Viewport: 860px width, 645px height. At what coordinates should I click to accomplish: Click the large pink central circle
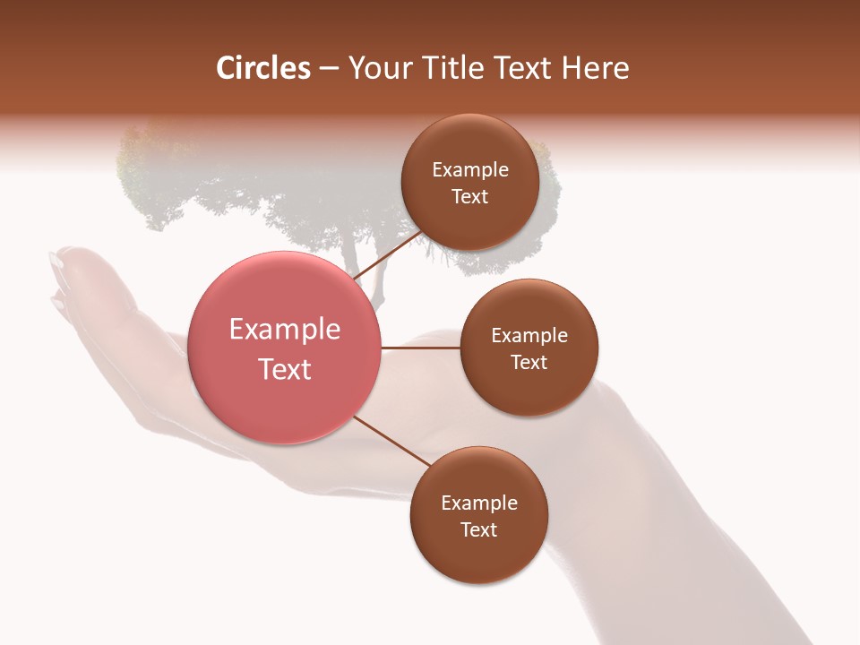(284, 348)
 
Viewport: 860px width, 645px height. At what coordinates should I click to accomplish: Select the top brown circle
(469, 182)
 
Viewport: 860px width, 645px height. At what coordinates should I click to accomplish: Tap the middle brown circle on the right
(529, 348)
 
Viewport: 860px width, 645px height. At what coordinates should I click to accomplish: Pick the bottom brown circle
(478, 515)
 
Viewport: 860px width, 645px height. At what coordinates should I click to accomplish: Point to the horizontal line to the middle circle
(420, 348)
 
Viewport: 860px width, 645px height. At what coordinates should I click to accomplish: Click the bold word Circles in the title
(262, 68)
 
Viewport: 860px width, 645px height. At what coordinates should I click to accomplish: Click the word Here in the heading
(596, 68)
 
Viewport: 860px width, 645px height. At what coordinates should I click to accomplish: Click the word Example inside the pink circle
(284, 330)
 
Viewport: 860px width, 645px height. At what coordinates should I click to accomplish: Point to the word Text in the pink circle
(284, 369)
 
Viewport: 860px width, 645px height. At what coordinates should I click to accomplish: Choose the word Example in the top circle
(469, 170)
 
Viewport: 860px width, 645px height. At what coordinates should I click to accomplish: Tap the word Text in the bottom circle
(478, 529)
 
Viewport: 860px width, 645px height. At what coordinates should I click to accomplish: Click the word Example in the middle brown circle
(529, 336)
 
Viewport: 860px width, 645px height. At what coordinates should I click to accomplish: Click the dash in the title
(328, 69)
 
